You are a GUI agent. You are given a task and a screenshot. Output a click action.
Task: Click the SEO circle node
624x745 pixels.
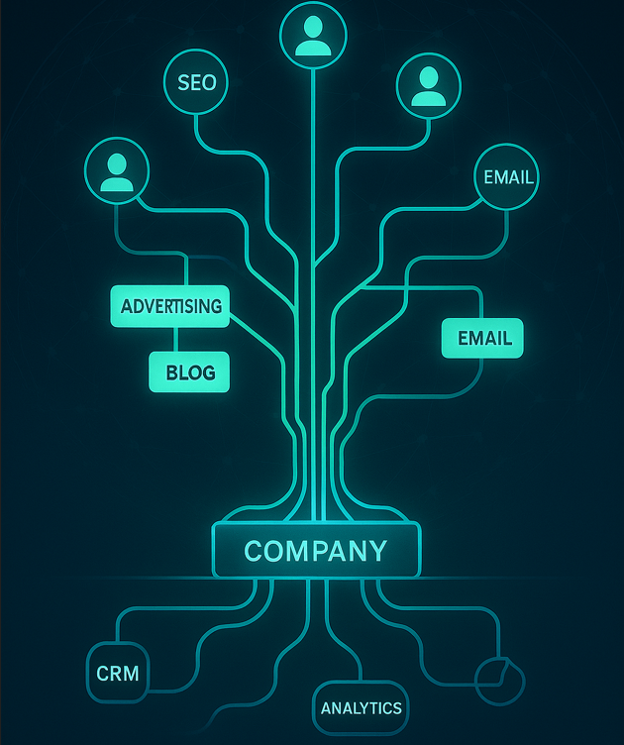point(196,83)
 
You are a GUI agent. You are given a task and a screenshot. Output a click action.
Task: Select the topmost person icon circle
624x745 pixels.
point(313,35)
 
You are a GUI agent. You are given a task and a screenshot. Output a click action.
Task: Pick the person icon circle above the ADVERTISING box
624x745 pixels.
point(117,170)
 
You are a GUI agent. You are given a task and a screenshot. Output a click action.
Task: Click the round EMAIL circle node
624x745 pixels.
point(508,177)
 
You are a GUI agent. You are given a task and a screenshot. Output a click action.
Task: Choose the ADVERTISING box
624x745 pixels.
point(170,306)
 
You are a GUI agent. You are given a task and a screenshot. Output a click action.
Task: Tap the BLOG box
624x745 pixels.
point(189,372)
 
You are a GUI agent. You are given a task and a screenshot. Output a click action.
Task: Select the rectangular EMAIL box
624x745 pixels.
point(482,338)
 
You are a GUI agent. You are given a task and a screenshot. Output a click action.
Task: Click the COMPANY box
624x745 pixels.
point(316,551)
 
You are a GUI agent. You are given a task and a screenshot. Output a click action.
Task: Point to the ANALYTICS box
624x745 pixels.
point(361,707)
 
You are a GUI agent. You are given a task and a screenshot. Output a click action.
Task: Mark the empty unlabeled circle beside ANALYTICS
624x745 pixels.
point(499,680)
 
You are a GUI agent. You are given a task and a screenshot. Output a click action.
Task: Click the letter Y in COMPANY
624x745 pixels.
point(375,551)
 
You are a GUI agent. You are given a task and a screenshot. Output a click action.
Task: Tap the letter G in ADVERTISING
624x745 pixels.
point(215,306)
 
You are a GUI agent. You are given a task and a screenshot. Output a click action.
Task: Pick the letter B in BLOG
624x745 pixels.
point(171,373)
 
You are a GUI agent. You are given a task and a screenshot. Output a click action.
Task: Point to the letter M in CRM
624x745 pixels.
point(131,675)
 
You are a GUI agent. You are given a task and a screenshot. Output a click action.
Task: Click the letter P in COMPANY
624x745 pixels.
point(314,551)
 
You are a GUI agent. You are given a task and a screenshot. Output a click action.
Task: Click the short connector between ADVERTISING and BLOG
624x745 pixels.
point(174,339)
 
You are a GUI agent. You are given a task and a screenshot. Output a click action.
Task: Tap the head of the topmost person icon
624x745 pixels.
point(313,26)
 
